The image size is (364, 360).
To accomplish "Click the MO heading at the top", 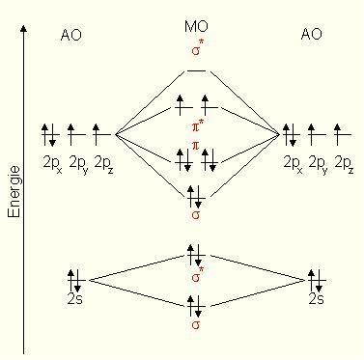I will [196, 25].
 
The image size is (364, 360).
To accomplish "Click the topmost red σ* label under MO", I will [197, 49].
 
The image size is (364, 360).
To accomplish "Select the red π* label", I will [197, 125].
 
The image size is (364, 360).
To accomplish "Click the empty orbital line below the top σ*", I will [196, 70].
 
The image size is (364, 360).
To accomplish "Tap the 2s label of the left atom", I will [76, 300].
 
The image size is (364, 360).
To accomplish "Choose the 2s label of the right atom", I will [316, 300].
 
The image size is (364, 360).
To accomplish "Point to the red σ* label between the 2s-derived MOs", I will [197, 278].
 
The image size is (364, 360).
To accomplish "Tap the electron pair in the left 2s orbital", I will [75, 280].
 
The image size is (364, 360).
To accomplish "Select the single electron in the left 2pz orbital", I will [98, 131].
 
